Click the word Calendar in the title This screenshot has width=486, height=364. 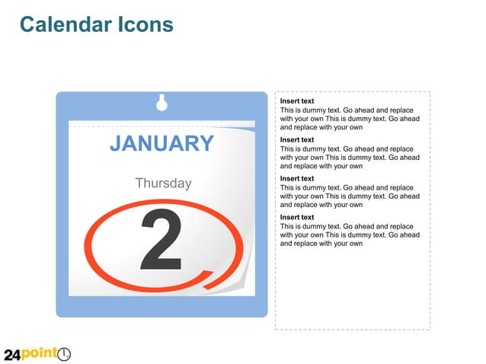coord(65,25)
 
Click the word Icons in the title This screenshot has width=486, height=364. coord(145,25)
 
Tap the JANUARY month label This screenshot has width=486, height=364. coord(161,143)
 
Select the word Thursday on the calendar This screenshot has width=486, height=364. coord(163,184)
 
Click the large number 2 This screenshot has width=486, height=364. coord(161,240)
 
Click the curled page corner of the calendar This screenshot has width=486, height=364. coord(243,283)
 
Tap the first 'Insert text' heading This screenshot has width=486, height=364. coord(297,101)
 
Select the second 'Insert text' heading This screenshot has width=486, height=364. coord(297,140)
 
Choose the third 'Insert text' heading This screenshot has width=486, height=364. coord(297,179)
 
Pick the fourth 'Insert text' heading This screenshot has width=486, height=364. coord(297,218)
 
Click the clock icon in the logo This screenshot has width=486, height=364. coord(64,354)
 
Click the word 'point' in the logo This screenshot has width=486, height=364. coord(40,354)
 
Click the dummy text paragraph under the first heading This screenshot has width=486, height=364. coord(349,119)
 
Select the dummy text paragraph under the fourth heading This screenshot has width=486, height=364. coord(349,235)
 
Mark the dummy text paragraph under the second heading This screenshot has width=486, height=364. coord(349,158)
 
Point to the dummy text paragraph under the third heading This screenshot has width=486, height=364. coord(349,196)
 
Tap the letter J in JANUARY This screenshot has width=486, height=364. coord(116,143)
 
